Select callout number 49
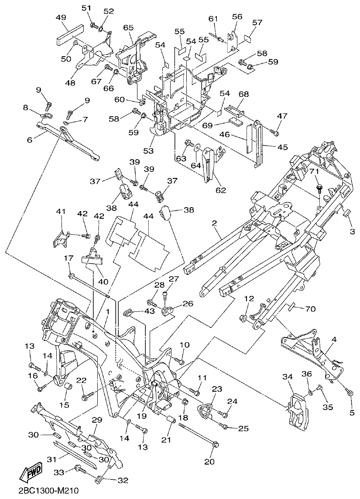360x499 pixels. pyautogui.click(x=61, y=17)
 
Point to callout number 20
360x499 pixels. pyautogui.click(x=209, y=461)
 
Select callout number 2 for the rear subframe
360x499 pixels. pyautogui.click(x=214, y=223)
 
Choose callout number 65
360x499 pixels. pyautogui.click(x=128, y=27)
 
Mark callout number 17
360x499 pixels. pyautogui.click(x=69, y=258)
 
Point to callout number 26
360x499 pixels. pyautogui.click(x=187, y=303)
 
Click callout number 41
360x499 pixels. pyautogui.click(x=60, y=212)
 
